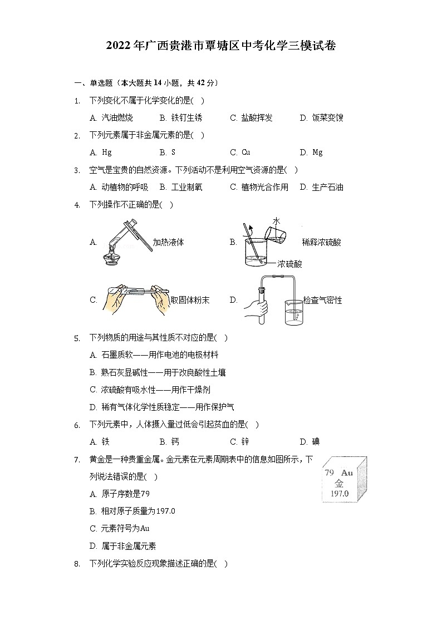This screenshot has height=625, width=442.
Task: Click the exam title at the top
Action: [x=221, y=46]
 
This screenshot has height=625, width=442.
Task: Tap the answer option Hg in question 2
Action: [x=106, y=152]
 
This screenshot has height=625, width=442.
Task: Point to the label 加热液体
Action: [x=168, y=242]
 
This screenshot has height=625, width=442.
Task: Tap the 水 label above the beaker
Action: [x=277, y=222]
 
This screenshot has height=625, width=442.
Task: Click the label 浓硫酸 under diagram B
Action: [x=289, y=264]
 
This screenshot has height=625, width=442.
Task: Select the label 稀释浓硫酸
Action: [x=321, y=242]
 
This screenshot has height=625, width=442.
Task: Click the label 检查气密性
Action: [x=323, y=300]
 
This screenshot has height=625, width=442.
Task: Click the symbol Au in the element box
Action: [x=347, y=473]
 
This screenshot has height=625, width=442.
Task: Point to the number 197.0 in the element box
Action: [x=339, y=494]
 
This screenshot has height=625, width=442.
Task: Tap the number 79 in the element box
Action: [x=329, y=473]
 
